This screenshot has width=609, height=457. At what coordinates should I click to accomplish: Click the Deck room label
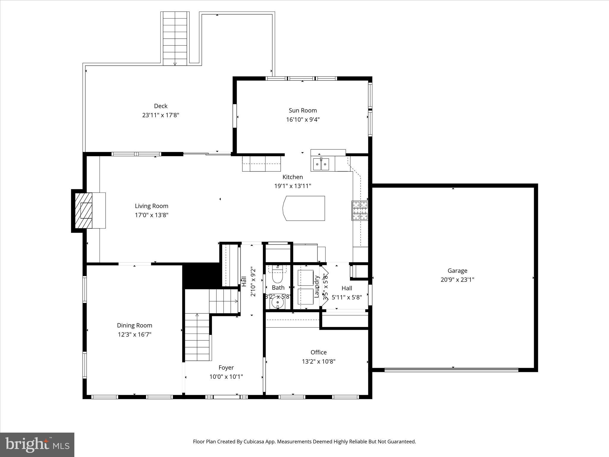tap(161, 106)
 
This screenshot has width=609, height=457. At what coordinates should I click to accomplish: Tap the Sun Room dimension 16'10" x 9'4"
tap(303, 120)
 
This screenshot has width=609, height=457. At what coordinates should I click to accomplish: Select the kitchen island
tap(304, 208)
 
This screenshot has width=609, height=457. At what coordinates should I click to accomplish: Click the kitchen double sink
tap(321, 164)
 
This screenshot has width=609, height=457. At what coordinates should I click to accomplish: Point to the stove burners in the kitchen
tap(360, 211)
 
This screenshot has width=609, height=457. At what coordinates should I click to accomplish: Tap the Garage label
tap(457, 271)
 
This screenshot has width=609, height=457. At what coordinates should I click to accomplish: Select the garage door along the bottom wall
tap(451, 370)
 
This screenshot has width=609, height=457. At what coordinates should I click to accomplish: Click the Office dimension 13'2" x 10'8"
tap(318, 361)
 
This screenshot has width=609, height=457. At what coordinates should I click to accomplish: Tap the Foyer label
tap(226, 367)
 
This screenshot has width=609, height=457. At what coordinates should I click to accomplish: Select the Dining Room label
tap(134, 325)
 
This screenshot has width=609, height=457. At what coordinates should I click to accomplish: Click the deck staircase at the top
tap(175, 39)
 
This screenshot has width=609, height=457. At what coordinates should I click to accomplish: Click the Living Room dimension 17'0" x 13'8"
tap(152, 215)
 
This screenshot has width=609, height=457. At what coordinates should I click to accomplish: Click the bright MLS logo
tap(37, 445)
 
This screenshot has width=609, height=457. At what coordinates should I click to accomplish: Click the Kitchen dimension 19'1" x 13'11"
tap(293, 186)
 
